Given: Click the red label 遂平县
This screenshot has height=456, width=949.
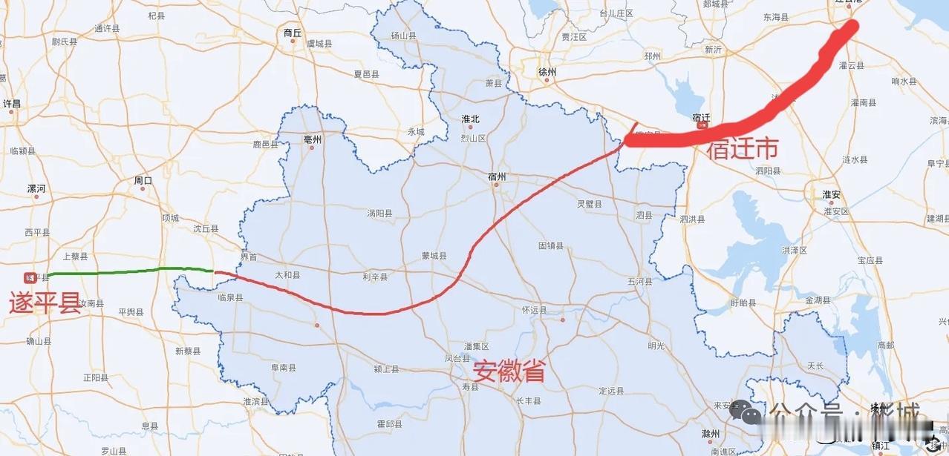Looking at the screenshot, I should coord(45,303).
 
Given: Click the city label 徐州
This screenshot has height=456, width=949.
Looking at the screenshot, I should coord(547,72).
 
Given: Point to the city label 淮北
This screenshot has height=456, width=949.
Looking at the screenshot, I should coord(470,119).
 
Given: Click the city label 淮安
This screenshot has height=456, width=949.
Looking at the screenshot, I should coord(831,194).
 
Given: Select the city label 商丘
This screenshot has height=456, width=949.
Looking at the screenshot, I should coord(293,33).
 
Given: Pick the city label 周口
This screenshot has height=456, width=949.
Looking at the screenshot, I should coord(143,180).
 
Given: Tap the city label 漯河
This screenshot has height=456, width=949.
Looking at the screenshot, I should coord(36,189).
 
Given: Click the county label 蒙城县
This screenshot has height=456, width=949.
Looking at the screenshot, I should coord(434,256).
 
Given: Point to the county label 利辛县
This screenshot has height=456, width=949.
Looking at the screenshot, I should coord(375,277).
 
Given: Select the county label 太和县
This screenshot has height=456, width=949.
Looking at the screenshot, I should coord(287,274).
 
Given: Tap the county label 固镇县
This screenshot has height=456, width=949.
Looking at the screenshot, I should coord(551,245).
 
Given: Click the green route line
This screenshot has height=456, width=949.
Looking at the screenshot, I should coord(126,271).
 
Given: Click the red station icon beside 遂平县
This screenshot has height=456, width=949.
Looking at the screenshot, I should coord(30,278).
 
